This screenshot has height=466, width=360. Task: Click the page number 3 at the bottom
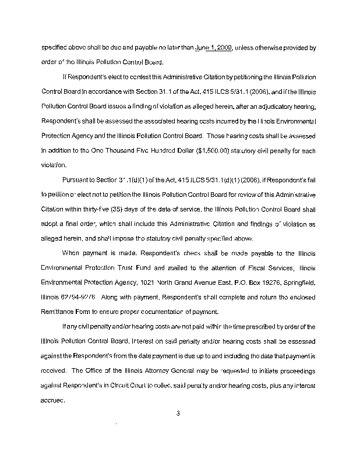180,414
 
